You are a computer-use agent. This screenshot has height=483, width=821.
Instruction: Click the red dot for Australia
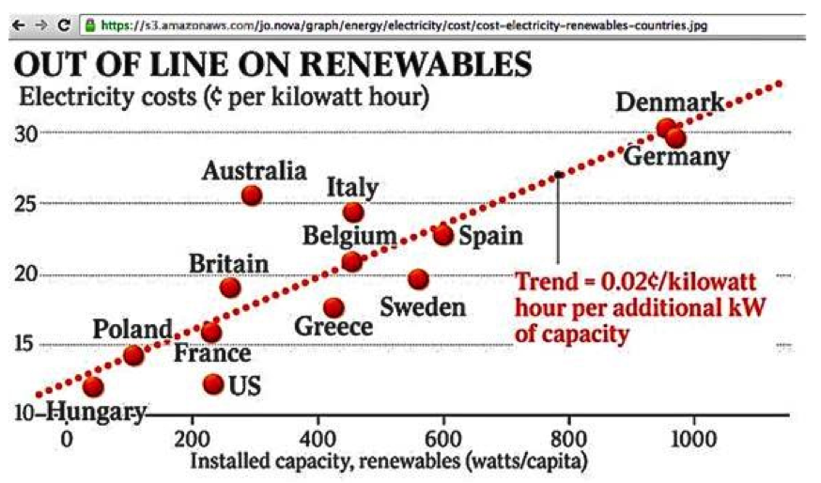click(x=251, y=195)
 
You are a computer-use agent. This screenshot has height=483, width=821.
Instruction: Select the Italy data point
click(x=353, y=212)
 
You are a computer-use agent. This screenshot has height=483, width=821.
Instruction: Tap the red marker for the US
click(x=213, y=383)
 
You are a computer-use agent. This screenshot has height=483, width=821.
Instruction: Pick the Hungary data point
click(x=92, y=386)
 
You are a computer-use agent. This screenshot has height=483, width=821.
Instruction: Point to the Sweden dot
click(x=419, y=279)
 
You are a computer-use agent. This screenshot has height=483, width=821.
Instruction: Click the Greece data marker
click(x=333, y=307)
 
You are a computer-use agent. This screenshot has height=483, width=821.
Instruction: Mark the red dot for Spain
click(x=443, y=235)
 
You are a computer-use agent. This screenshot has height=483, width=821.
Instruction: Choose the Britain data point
click(x=230, y=288)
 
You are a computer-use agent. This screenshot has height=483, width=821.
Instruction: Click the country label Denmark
click(x=670, y=102)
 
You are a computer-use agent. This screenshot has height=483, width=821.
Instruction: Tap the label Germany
click(x=676, y=156)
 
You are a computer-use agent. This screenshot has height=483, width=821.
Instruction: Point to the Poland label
click(x=132, y=329)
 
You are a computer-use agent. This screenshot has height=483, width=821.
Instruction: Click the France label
click(x=212, y=353)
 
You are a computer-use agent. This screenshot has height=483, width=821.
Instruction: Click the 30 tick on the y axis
click(x=26, y=132)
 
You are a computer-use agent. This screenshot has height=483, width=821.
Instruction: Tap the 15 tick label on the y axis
click(x=25, y=343)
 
